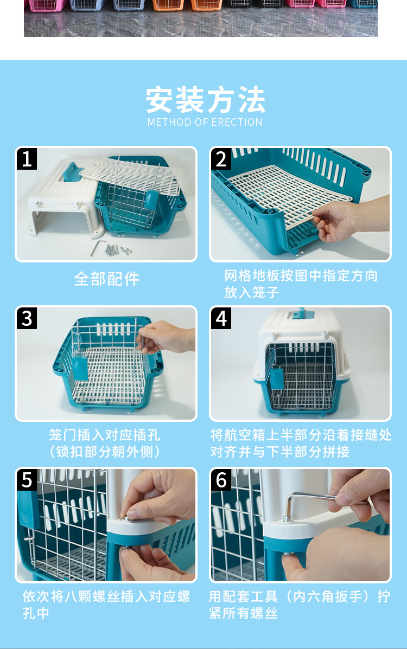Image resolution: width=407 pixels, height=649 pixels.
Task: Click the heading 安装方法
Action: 205,100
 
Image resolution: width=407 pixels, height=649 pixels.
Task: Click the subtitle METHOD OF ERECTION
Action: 205,122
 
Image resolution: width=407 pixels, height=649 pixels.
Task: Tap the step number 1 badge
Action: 27,159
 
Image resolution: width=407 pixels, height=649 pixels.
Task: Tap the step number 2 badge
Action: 221,159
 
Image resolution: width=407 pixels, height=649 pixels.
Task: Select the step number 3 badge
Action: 27,318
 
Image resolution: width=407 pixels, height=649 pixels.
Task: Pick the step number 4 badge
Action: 221,318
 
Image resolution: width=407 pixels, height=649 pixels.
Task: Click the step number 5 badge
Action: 27,480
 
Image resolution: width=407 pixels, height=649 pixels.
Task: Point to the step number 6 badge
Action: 221,480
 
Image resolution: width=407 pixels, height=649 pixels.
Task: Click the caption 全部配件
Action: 106,279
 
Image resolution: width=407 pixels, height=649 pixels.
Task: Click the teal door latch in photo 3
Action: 80,369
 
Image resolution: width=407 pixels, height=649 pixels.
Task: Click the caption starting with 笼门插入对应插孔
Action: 104,443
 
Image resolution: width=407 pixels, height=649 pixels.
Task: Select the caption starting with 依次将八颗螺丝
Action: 106,605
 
